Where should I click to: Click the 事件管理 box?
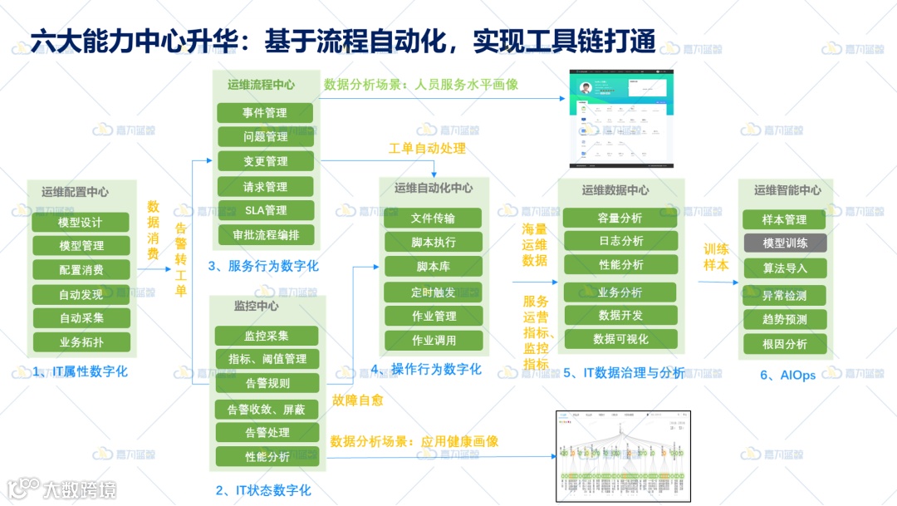tap(265, 113)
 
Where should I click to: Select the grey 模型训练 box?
tap(784, 243)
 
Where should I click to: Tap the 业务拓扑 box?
tap(81, 342)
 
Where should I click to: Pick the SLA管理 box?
tap(265, 210)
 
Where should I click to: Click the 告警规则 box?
tap(267, 383)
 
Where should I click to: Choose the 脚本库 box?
tap(433, 267)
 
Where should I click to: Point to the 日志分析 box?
tap(620, 241)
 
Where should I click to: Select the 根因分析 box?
tap(784, 344)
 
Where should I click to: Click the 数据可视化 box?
tap(620, 339)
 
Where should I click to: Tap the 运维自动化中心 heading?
tap(433, 189)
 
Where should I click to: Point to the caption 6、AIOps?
tap(783, 375)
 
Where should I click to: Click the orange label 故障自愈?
tap(357, 400)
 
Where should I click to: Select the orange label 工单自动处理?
tap(427, 149)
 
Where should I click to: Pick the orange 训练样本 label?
tap(716, 257)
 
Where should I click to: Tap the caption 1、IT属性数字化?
tap(81, 371)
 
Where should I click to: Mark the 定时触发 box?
tap(433, 292)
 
